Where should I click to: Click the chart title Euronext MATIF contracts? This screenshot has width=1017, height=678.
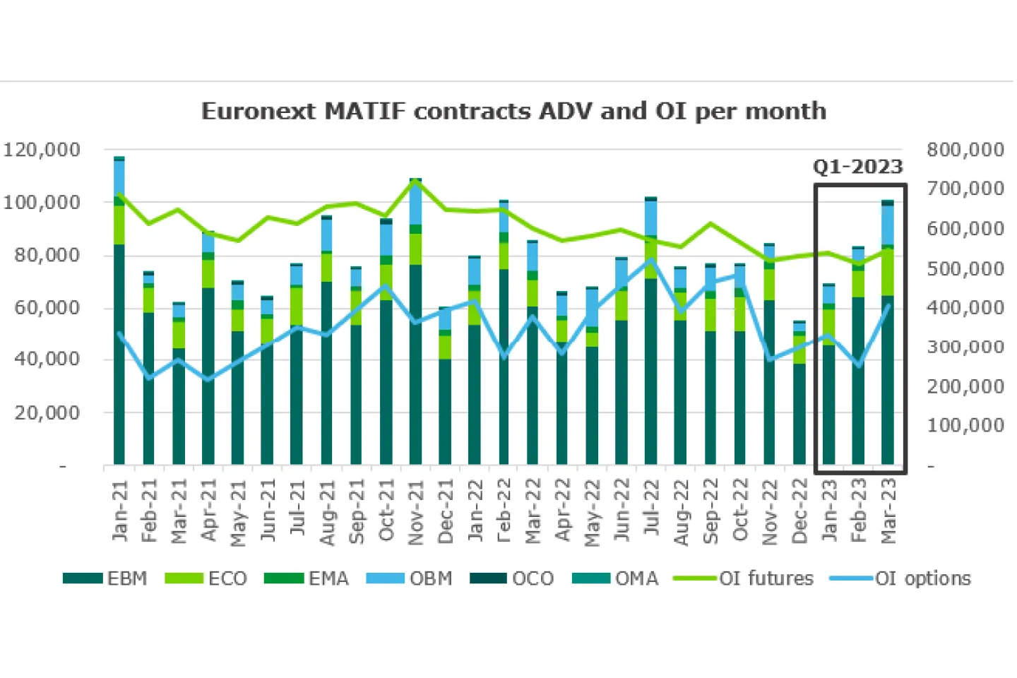513,112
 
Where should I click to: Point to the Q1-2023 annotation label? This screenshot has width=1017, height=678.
858,167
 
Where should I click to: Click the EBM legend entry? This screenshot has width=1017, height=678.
106,578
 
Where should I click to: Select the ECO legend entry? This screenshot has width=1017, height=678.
206,578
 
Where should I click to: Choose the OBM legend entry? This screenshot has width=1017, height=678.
410,578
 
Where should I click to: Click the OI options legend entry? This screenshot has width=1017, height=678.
900,578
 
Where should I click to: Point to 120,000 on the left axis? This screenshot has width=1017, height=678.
42,150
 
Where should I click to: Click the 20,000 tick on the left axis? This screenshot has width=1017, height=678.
47,412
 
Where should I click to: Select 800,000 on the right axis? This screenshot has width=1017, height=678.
965,150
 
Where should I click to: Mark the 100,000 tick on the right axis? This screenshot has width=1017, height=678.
965,425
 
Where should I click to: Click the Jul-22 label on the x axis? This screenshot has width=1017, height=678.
651,509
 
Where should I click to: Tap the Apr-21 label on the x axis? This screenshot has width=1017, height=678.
208,509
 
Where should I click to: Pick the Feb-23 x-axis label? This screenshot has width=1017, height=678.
859,511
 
